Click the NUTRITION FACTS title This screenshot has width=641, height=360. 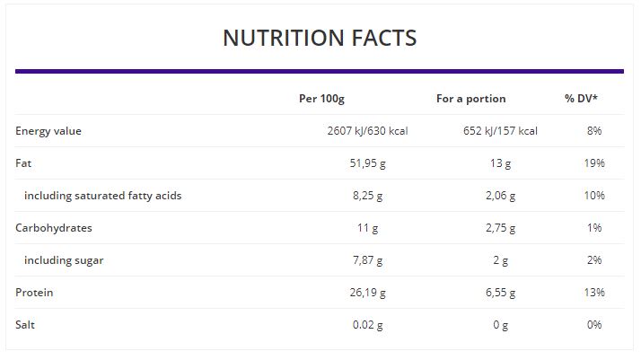tap(320, 38)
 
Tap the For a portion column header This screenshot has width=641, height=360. tap(470, 99)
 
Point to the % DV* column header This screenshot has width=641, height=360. tap(582, 99)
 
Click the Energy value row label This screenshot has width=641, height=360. tap(48, 131)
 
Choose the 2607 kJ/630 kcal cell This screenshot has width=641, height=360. tap(368, 131)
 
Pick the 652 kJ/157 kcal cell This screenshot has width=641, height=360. tap(500, 131)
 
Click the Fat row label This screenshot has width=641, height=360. tap(23, 163)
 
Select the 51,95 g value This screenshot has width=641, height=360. tap(368, 163)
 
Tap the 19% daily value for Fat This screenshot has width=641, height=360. tap(594, 163)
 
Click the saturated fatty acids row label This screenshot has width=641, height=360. tap(102, 196)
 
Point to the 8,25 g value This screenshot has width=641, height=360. tap(368, 196)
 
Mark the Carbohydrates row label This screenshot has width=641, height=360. tap(54, 228)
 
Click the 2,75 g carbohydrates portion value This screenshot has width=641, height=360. tap(500, 228)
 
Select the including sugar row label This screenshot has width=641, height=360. tap(64, 260)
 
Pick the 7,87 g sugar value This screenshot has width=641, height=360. tap(368, 260)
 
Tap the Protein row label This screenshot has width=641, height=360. tap(34, 293)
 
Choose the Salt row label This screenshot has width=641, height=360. tap(26, 325)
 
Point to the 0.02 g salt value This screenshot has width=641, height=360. tap(368, 325)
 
